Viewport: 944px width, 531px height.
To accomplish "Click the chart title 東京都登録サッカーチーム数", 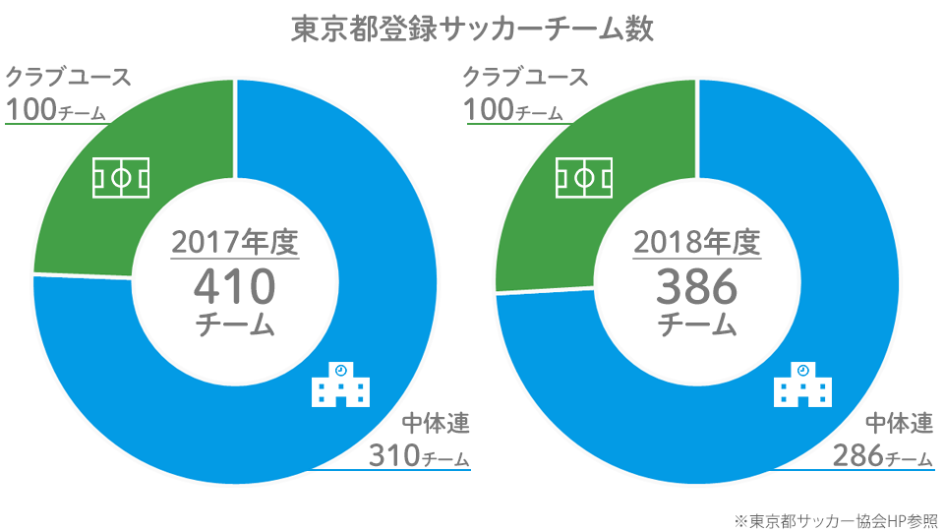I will click(x=472, y=29).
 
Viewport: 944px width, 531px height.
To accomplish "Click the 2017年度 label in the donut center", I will click(x=235, y=242).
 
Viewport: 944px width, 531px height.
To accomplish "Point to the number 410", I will click(x=235, y=286).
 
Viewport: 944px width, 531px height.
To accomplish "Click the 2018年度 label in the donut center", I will click(x=697, y=242).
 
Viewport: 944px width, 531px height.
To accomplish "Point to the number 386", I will click(x=697, y=286).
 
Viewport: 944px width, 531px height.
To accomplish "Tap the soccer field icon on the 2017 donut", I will click(x=121, y=177).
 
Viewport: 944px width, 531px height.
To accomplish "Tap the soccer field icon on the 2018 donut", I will click(x=585, y=177).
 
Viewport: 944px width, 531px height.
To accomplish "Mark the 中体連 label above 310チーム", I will click(x=436, y=425).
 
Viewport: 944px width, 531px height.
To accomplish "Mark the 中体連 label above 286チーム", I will click(x=899, y=425).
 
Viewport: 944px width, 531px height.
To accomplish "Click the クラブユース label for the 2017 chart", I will click(x=68, y=77).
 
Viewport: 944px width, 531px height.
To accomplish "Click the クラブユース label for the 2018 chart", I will click(x=525, y=77).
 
